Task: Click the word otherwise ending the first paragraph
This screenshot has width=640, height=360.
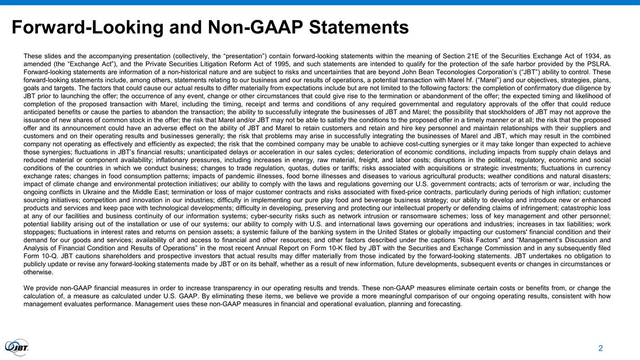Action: pyautogui.click(x=38, y=273)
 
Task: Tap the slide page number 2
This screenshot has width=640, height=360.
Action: pyautogui.click(x=601, y=349)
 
